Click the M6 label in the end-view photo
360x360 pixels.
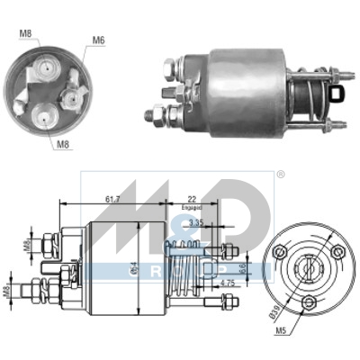(x=97, y=40)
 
